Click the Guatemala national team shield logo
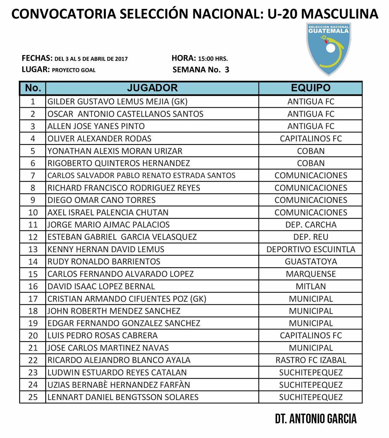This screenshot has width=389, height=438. [x=328, y=49]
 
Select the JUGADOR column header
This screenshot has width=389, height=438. [x=152, y=88]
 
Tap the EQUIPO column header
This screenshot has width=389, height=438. [x=311, y=88]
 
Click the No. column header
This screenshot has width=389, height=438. [x=33, y=88]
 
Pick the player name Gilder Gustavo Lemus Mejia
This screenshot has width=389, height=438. [x=117, y=102]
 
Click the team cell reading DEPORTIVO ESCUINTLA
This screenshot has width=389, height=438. [x=311, y=249]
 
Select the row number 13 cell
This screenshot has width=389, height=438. [x=33, y=249]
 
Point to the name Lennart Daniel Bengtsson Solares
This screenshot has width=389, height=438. [x=123, y=397]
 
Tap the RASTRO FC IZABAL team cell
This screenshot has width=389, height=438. [x=311, y=360]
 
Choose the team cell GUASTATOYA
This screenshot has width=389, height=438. [x=311, y=262]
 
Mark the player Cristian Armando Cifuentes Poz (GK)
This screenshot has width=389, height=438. [x=127, y=299]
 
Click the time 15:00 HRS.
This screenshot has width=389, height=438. [x=213, y=59]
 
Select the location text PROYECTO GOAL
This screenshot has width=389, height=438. [x=74, y=70]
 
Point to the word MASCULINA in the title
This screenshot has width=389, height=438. [x=340, y=14]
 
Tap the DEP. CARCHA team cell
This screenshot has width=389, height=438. [x=311, y=225]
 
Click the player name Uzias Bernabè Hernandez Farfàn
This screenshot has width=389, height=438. [x=118, y=385]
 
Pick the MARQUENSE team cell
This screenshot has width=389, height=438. [x=311, y=274]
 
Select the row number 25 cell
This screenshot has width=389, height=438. [x=33, y=397]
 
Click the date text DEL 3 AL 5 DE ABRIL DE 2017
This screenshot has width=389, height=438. [x=91, y=59]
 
